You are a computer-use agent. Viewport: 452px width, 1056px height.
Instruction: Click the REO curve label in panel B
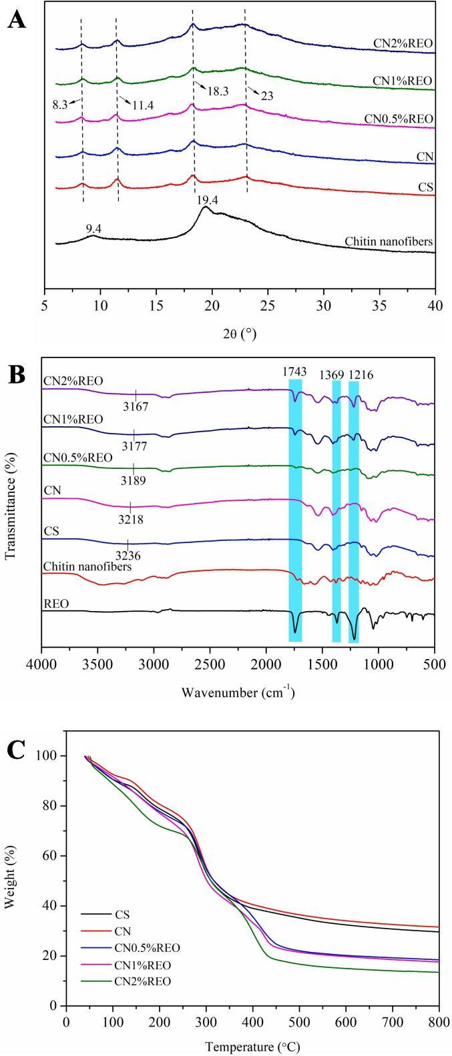[55, 604]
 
